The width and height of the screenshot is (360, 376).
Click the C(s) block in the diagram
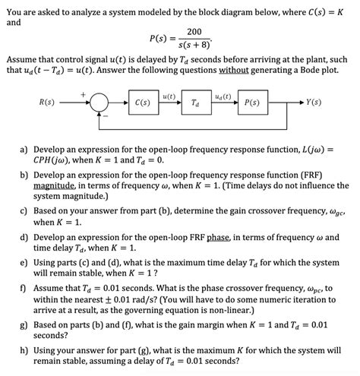tap(141, 102)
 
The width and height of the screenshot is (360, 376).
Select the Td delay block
tap(196, 102)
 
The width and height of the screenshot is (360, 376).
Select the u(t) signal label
tap(169, 95)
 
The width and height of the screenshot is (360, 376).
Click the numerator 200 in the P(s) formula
tap(194, 31)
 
